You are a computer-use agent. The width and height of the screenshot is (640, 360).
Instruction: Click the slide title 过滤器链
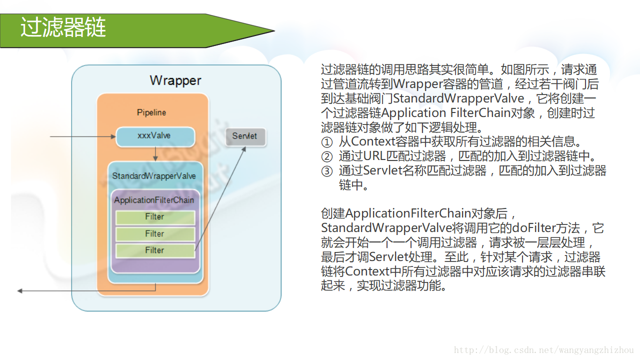click(x=63, y=28)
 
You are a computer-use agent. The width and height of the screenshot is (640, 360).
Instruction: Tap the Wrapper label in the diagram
click(x=175, y=80)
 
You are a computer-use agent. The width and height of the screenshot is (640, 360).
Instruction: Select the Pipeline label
click(x=151, y=112)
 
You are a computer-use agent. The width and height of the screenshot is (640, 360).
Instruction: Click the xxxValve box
click(x=154, y=136)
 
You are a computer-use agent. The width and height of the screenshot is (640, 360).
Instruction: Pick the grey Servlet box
click(x=245, y=136)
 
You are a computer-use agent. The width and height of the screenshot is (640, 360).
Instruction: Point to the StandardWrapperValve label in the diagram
click(x=154, y=176)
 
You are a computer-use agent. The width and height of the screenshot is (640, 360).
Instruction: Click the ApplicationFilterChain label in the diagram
click(x=154, y=200)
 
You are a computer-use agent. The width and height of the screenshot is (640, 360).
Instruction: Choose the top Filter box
click(x=155, y=217)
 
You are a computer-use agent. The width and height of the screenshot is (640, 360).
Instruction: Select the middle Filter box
click(x=155, y=234)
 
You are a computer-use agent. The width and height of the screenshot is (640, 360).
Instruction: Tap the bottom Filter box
click(x=155, y=250)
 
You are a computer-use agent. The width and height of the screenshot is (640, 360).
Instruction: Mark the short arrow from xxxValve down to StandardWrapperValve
click(x=155, y=153)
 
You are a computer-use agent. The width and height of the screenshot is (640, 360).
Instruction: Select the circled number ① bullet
click(x=326, y=142)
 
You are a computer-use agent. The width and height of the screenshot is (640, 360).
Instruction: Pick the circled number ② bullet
click(x=326, y=156)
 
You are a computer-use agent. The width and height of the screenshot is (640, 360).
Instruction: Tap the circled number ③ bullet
click(x=326, y=171)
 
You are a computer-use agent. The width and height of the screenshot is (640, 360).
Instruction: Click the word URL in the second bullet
click(x=374, y=156)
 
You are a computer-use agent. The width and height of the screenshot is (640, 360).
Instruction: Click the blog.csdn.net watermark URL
click(x=543, y=350)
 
